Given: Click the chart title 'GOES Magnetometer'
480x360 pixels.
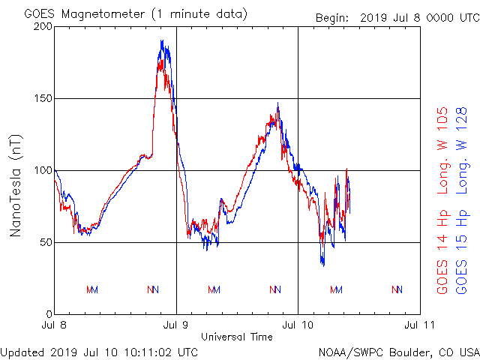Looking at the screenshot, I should (83, 14).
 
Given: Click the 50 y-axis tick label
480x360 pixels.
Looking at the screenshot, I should (45, 242).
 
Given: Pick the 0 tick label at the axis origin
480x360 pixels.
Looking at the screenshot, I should (48, 314).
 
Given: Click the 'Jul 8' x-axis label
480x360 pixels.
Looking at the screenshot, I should (55, 325).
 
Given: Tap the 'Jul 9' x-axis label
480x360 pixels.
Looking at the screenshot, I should (176, 325).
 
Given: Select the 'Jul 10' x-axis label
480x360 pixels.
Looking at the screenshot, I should (298, 325).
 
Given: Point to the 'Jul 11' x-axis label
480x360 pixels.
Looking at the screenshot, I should (419, 325).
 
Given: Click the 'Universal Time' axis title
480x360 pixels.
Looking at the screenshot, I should (237, 337).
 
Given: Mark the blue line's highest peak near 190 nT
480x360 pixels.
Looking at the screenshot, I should (161, 41).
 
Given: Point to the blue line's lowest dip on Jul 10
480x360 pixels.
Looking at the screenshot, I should (323, 265).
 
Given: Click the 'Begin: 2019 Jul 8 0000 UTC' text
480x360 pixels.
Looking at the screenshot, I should (397, 17).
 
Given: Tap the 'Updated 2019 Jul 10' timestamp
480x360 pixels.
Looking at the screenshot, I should (99, 351).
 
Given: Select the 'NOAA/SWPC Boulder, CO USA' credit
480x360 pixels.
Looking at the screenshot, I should (398, 351).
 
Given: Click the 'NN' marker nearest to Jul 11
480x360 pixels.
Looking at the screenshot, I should (397, 289).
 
